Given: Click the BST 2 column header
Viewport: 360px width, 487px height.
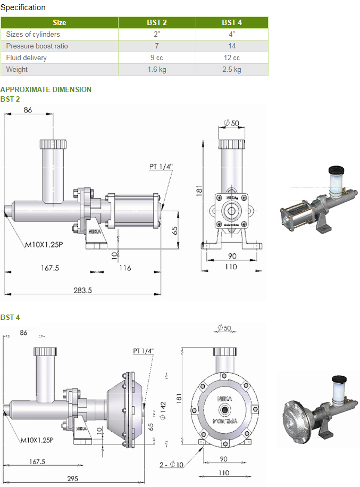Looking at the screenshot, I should [x=157, y=23].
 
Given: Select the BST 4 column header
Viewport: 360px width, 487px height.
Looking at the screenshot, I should [x=232, y=23].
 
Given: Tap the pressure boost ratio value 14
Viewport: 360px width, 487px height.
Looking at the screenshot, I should [x=232, y=46].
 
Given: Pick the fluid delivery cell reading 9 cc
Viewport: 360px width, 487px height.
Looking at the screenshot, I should [x=157, y=58].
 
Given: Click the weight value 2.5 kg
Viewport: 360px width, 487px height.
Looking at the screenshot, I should [x=232, y=70].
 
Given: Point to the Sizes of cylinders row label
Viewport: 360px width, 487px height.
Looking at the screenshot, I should [x=33, y=35].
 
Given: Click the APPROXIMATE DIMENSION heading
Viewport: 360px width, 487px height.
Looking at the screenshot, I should [x=46, y=89].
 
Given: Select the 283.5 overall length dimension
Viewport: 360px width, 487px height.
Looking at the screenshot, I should [x=82, y=290].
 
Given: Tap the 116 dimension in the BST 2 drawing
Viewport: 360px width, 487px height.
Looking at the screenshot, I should [x=125, y=268].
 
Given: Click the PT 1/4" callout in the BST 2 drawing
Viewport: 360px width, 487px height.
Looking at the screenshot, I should [x=161, y=167].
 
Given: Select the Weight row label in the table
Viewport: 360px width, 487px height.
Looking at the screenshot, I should [x=17, y=70].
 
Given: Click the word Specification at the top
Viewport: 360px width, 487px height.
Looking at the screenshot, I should [x=23, y=7].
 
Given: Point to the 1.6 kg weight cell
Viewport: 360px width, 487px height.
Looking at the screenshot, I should [x=157, y=70].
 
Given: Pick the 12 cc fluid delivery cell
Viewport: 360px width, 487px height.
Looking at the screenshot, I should [x=232, y=58].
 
